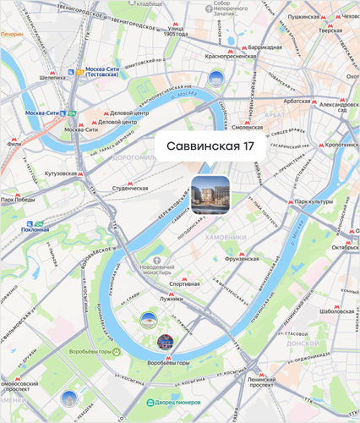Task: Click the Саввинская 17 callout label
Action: coord(210,146)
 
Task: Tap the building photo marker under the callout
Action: coord(210,195)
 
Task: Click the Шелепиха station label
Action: coord(52,77)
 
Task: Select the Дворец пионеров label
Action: coord(177,403)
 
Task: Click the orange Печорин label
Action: coord(12,35)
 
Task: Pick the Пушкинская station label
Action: coord(308,16)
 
